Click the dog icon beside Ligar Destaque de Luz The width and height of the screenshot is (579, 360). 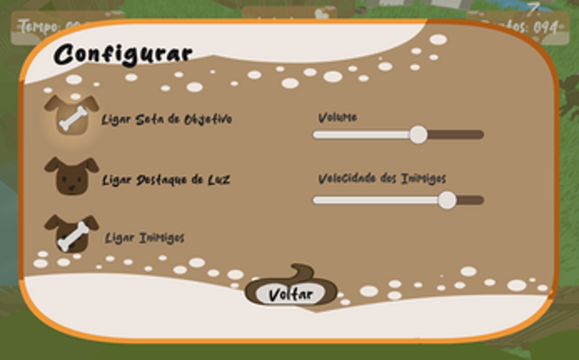click(71, 176)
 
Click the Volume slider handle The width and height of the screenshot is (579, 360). click(417, 134)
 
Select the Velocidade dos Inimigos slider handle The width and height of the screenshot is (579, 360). click(447, 199)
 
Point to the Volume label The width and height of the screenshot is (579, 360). click(337, 117)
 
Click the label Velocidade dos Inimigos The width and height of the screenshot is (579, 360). click(381, 178)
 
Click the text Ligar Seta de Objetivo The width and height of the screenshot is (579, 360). click(166, 120)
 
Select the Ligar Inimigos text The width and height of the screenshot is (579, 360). click(144, 238)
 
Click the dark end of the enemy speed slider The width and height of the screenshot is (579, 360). click(471, 200)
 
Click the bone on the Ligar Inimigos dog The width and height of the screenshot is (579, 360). click(72, 238)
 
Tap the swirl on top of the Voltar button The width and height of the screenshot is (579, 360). click(302, 275)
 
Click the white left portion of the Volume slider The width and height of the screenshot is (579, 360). click(360, 134)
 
